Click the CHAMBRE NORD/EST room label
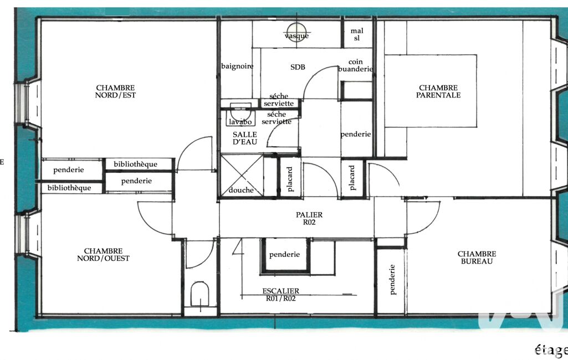pyautogui.click(x=115, y=91)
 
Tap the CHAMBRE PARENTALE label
pyautogui.click(x=438, y=91)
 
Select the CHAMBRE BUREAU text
pyautogui.click(x=477, y=258)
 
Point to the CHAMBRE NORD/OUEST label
pyautogui.click(x=103, y=255)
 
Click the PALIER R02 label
pyautogui.click(x=309, y=218)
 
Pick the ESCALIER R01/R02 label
pyautogui.click(x=281, y=295)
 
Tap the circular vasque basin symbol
pyautogui.click(x=296, y=32)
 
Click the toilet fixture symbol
pyautogui.click(x=199, y=294)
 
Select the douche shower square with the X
pyautogui.click(x=242, y=176)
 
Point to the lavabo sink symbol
pyautogui.click(x=240, y=115)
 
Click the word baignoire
pyautogui.click(x=237, y=66)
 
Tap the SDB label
pyautogui.click(x=298, y=67)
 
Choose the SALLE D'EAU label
pyautogui.click(x=245, y=138)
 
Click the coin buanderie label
pyautogui.click(x=355, y=65)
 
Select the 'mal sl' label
pyautogui.click(x=357, y=34)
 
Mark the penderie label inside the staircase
pyautogui.click(x=284, y=255)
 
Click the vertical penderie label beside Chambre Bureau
pyautogui.click(x=392, y=280)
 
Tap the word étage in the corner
pyautogui.click(x=551, y=349)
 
